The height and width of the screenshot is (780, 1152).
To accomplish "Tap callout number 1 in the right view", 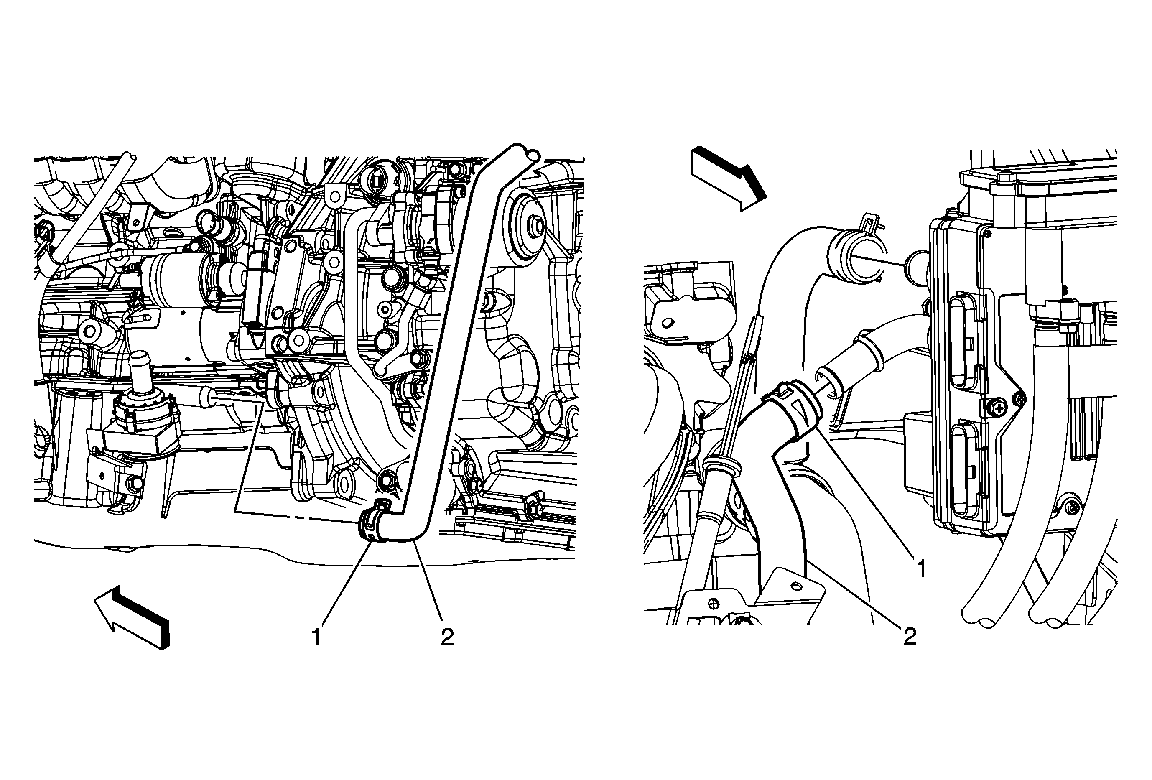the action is pyautogui.click(x=922, y=568).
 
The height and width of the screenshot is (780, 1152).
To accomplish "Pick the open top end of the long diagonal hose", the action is pyautogui.click(x=522, y=152).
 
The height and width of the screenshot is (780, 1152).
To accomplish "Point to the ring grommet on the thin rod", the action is pyautogui.click(x=721, y=467).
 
